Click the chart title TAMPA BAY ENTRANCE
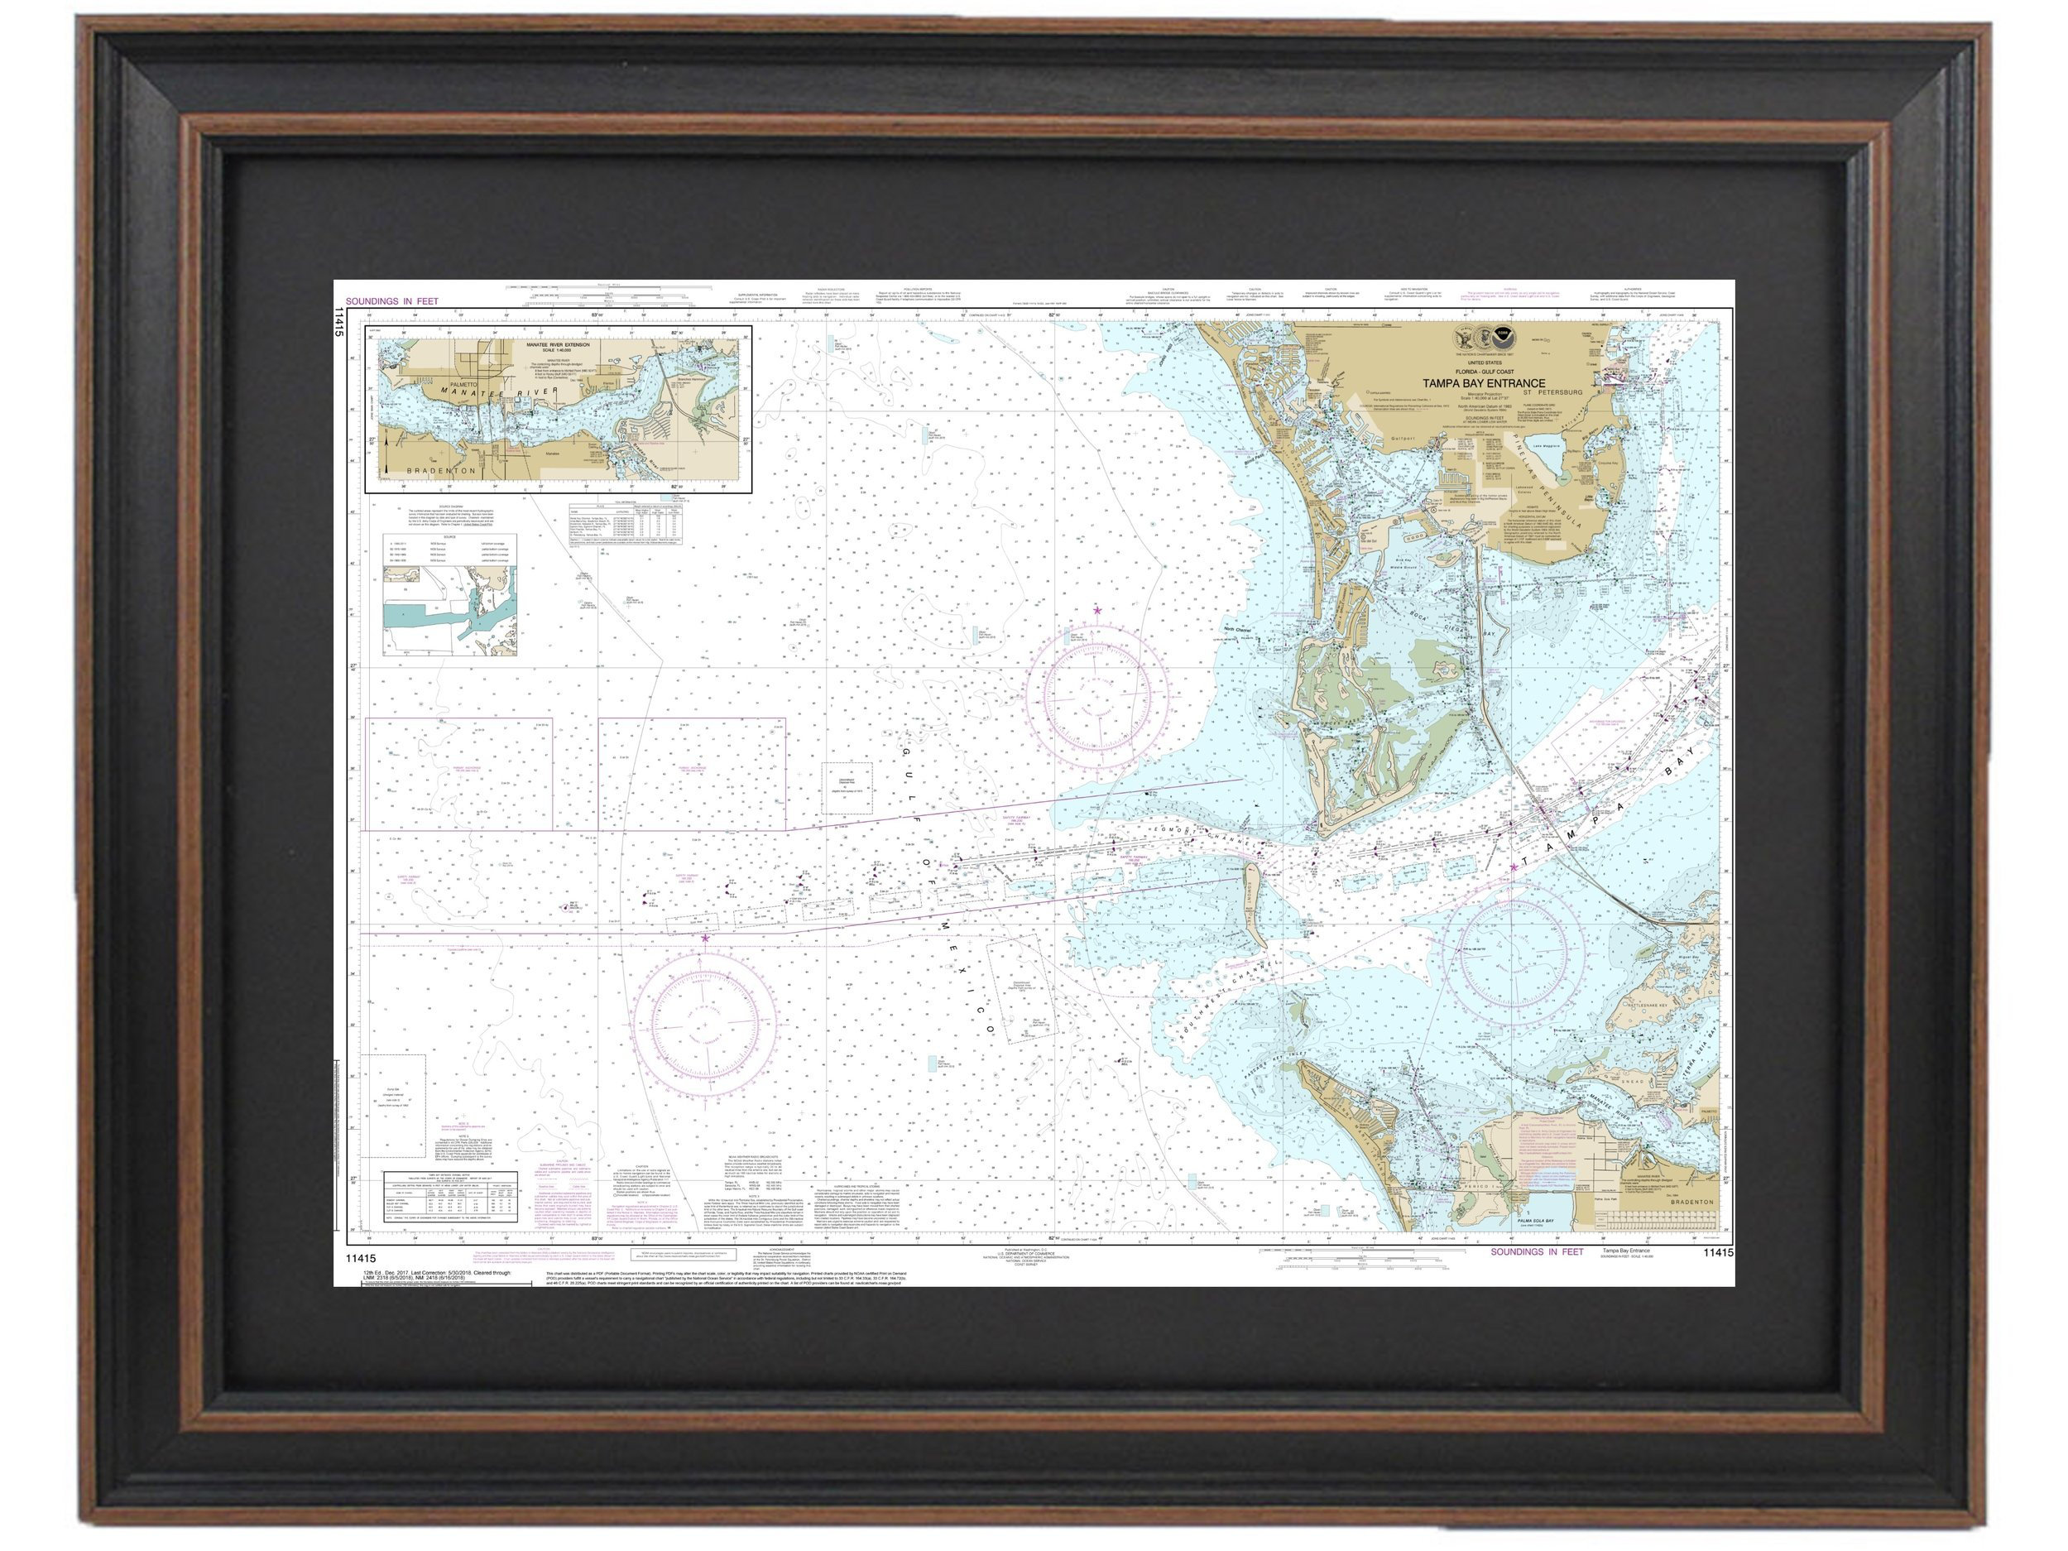[1484, 383]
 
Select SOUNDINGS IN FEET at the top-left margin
[391, 301]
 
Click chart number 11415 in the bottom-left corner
[359, 1258]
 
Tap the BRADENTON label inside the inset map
[441, 471]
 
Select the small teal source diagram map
[449, 611]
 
